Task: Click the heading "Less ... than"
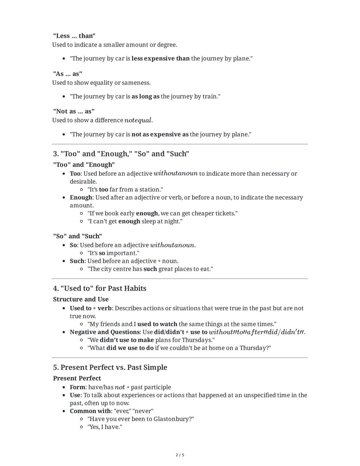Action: pyautogui.click(x=74, y=36)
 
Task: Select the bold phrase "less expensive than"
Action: pyautogui.click(x=160, y=58)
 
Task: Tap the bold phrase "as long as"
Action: pyautogui.click(x=145, y=96)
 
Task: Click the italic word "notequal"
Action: pyautogui.click(x=138, y=120)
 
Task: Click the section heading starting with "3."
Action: pyautogui.click(x=121, y=154)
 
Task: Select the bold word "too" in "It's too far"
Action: pyautogui.click(x=103, y=189)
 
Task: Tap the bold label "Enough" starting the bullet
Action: pyautogui.click(x=81, y=197)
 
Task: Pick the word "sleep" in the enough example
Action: pyautogui.click(x=149, y=221)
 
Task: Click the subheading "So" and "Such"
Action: pyautogui.click(x=77, y=236)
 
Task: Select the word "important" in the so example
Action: pyautogui.click(x=121, y=253)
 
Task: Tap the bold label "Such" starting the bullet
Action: pyautogui.click(x=77, y=261)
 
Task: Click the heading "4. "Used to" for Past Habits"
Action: pyautogui.click(x=99, y=289)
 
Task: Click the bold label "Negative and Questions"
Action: pyautogui.click(x=104, y=332)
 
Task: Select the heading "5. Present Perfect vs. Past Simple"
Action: pyautogui.click(x=110, y=368)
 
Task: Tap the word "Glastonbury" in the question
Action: pyautogui.click(x=171, y=419)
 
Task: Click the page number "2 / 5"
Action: pyautogui.click(x=180, y=455)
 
